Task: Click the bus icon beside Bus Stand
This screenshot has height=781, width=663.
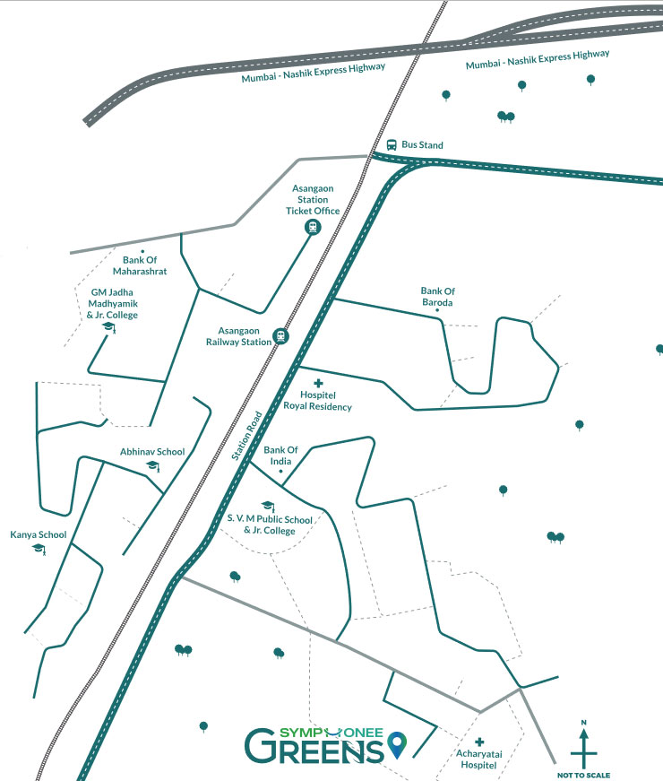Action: tap(392, 145)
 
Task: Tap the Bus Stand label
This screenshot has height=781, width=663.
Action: tap(422, 145)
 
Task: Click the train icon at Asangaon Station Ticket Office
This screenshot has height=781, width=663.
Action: tap(313, 228)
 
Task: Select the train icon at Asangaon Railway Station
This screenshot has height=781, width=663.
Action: tap(280, 336)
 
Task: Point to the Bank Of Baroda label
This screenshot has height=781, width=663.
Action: tap(437, 297)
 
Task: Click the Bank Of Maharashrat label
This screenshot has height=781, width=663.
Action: tap(140, 265)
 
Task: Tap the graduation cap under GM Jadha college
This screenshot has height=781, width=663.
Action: tap(109, 327)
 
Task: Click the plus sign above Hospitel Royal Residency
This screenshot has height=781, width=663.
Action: tap(319, 383)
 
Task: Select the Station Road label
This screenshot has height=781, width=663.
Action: tap(247, 436)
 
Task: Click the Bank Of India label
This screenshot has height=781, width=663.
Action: tap(280, 456)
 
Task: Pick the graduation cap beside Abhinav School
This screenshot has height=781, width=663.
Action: tap(153, 466)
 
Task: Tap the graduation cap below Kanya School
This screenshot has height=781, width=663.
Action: tap(39, 550)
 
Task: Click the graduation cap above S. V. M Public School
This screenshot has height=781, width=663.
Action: tap(268, 506)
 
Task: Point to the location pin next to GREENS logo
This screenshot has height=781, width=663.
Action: tap(397, 744)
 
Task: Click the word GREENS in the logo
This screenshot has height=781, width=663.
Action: tap(314, 747)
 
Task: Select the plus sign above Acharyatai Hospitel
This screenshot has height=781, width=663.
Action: tap(479, 742)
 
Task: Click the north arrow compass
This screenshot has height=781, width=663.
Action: tap(584, 744)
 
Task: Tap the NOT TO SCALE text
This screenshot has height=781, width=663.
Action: tap(583, 775)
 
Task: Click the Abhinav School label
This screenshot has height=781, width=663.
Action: tap(152, 452)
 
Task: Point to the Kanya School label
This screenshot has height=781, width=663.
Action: tap(39, 535)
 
